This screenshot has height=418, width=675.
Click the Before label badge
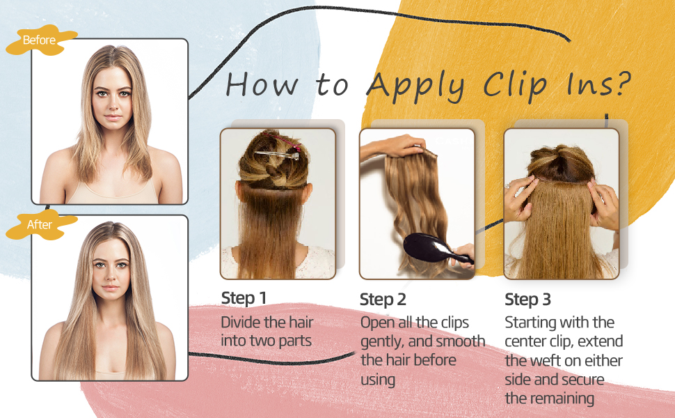point(40,40)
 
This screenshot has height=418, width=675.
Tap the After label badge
point(40,224)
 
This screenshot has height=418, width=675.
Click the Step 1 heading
point(244,298)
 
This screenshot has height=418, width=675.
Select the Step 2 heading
point(383,300)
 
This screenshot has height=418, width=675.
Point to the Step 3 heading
point(527,300)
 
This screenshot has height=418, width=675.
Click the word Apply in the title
point(417,86)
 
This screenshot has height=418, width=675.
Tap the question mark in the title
point(622,83)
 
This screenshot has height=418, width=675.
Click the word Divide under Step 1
point(241,323)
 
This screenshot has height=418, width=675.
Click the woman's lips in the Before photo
point(113,117)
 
